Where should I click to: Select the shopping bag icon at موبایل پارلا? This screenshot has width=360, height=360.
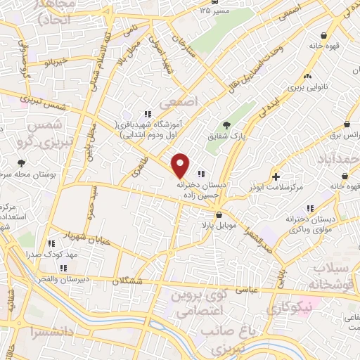(x=219, y=215)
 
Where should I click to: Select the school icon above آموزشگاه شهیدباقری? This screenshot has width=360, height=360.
(x=147, y=114)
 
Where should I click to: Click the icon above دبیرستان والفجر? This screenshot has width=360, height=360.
(x=63, y=268)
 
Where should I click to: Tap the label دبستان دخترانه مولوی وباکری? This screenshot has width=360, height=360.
(x=310, y=225)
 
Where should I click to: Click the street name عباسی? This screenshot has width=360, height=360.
(x=257, y=287)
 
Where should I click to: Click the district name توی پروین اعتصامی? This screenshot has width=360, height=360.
(x=199, y=303)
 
